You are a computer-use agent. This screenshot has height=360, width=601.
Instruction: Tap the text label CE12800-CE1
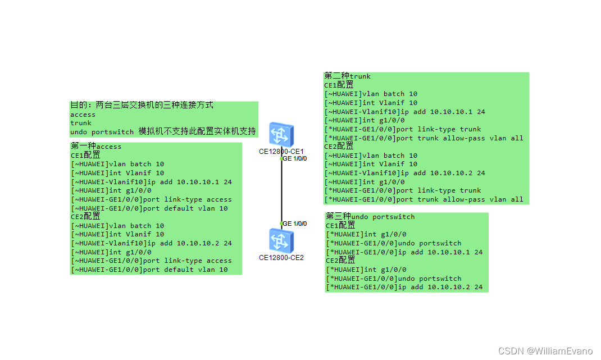281,151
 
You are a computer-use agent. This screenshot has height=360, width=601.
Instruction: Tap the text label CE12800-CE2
281,258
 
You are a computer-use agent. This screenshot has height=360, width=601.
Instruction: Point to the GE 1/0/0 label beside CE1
295,158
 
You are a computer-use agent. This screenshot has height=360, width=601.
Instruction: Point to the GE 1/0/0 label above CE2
295,224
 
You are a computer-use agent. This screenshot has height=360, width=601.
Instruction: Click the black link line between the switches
281,191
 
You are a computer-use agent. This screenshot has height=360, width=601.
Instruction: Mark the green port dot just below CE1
281,159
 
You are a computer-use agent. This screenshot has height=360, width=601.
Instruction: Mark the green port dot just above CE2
281,223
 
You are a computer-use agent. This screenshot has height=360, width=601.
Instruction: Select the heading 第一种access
96,147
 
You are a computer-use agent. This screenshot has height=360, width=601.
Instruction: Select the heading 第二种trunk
347,76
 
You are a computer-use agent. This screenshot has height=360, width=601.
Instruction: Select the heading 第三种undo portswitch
370,217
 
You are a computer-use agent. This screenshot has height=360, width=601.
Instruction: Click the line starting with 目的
142,105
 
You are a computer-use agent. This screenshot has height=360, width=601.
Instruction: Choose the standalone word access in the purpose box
83,115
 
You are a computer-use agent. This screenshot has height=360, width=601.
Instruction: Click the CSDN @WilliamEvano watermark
545,351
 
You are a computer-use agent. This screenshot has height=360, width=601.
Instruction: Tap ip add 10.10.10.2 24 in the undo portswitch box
440,287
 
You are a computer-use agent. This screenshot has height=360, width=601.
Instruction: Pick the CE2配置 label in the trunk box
339,147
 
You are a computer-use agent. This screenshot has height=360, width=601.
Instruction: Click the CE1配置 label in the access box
85,155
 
